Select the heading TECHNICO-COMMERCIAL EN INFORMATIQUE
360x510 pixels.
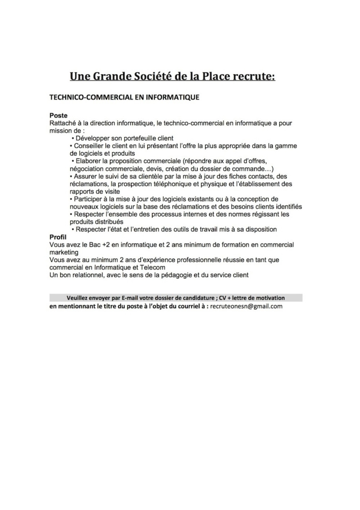pyautogui.click(x=124, y=97)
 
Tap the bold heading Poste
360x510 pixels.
pyautogui.click(x=58, y=115)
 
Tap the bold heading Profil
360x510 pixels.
pyautogui.click(x=58, y=237)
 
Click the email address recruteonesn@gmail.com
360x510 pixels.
pyautogui.click(x=246, y=306)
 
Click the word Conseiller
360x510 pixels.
pyautogui.click(x=89, y=146)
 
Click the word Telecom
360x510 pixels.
pyautogui.click(x=153, y=268)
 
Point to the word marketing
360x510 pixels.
pyautogui.click(x=64, y=252)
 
